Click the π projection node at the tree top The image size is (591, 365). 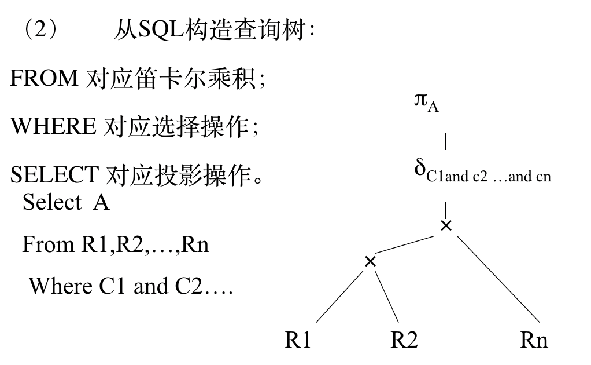422,100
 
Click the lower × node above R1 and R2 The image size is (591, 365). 371,261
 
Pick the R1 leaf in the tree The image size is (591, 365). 298,340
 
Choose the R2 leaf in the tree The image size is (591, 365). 404,340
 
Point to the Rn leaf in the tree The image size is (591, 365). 534,340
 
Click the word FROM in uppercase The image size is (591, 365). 43,78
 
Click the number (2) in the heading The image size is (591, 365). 40,30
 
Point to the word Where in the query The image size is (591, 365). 60,286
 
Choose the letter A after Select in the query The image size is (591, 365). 101,203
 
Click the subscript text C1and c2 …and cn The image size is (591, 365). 489,177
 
